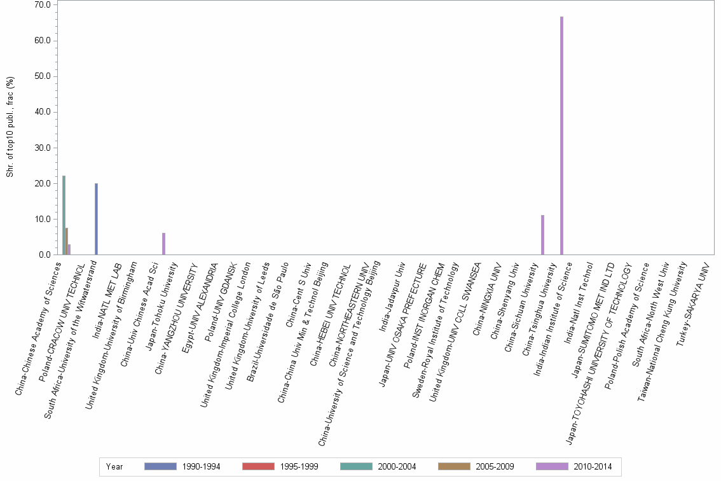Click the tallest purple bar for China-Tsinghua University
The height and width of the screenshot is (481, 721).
562,136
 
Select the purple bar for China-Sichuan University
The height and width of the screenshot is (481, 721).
542,235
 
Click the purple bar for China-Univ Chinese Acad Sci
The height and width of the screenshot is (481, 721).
163,244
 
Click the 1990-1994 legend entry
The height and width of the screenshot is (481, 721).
182,467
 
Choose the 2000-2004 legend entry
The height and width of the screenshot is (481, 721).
378,467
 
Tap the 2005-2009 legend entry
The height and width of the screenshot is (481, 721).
476,467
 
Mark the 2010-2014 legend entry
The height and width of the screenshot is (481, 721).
573,467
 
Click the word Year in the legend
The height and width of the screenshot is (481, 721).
114,467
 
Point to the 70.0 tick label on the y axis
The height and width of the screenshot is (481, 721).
43,5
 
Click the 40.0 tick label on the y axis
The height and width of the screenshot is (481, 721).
43,112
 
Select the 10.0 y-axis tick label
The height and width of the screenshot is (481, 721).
43,220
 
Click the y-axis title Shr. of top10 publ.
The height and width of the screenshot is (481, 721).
10,127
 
